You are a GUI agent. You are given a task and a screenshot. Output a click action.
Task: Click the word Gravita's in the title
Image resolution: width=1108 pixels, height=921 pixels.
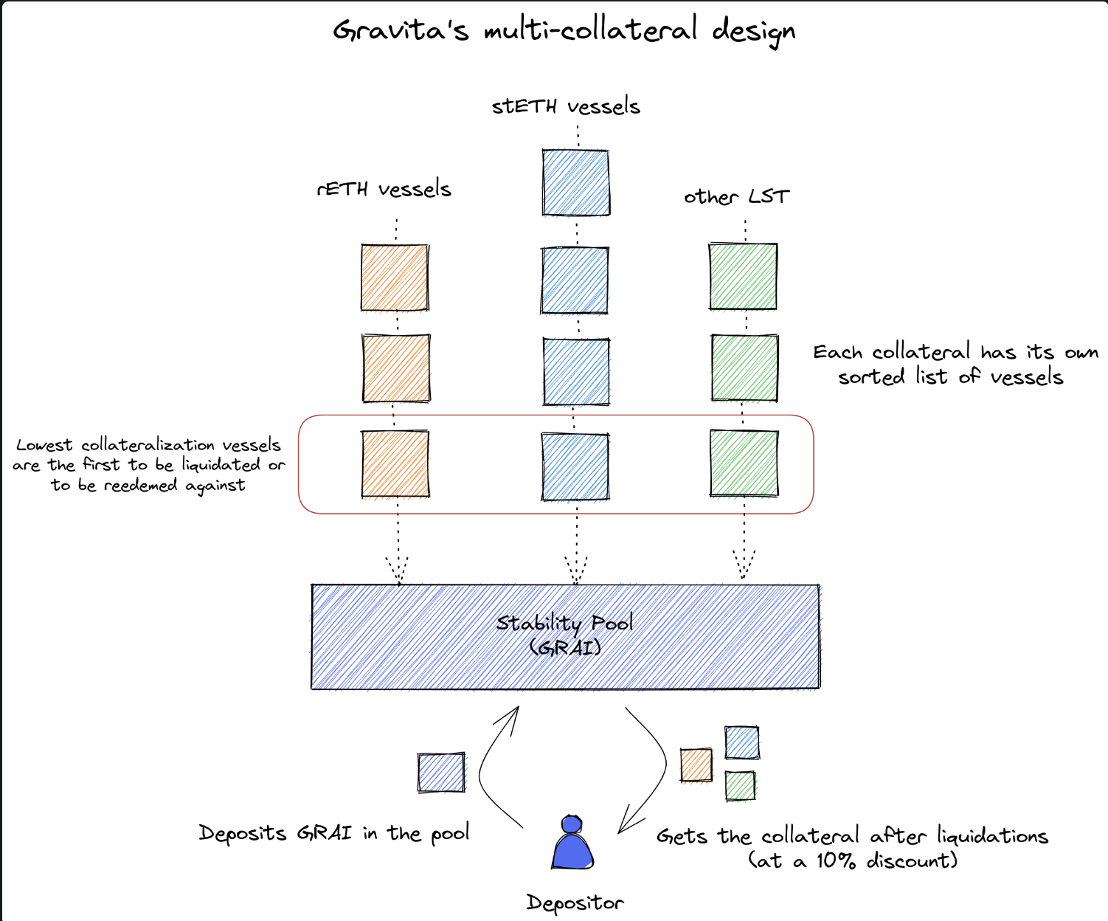point(400,31)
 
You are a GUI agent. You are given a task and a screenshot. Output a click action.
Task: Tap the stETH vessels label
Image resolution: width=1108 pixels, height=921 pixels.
point(566,106)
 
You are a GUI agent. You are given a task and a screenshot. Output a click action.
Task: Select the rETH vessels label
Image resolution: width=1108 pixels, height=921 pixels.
point(384,189)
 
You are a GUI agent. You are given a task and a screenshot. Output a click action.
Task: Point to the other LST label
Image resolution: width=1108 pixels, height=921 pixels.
point(736,196)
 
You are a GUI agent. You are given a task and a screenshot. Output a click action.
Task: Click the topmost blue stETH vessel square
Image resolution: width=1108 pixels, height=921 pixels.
point(575,182)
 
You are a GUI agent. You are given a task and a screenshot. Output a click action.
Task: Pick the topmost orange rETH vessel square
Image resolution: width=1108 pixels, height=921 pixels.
point(395,277)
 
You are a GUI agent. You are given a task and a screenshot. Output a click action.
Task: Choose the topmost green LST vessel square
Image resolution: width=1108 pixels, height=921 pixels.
point(743,276)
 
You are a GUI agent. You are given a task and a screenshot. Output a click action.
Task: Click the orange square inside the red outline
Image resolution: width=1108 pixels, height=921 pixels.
point(395,464)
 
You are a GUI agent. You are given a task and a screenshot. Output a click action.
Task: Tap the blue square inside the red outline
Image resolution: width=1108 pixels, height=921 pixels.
point(575,466)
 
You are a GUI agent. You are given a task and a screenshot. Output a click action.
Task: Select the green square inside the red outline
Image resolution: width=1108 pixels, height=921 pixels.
point(744,463)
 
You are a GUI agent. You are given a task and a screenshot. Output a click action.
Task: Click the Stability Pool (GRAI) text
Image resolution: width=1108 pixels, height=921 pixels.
point(565,635)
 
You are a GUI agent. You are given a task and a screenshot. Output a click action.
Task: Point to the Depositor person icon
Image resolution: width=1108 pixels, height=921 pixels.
point(572,843)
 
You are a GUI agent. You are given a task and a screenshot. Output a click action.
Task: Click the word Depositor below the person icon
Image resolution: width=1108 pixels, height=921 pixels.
point(575,903)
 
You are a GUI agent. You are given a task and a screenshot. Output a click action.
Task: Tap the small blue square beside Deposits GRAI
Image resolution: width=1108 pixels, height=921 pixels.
point(441,773)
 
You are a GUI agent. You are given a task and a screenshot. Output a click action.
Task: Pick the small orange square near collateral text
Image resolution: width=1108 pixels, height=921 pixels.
point(696,765)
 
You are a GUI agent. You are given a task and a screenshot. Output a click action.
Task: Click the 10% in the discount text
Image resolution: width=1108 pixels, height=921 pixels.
point(835,860)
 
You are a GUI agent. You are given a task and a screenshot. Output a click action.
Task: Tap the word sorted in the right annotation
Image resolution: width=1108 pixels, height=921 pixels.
point(870,377)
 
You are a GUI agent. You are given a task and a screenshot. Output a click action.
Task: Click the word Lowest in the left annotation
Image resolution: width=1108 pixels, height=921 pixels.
point(44,445)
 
